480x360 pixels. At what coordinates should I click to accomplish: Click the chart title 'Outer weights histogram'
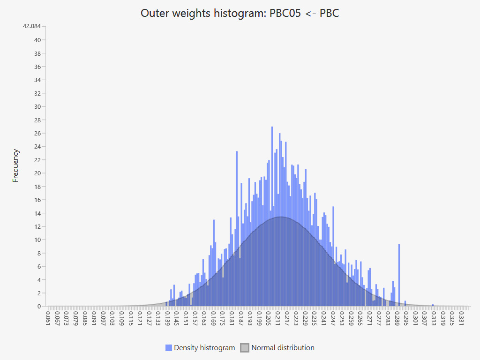pyautogui.click(x=240, y=13)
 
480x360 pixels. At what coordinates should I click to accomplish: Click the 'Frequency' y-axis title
pyautogui.click(x=16, y=165)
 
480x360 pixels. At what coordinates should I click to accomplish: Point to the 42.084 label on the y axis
pyautogui.click(x=32, y=26)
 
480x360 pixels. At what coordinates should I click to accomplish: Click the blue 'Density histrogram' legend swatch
pyautogui.click(x=169, y=348)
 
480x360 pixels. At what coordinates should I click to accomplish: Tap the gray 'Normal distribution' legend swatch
pyautogui.click(x=244, y=348)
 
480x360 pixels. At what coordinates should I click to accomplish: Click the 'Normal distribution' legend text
pyautogui.click(x=283, y=348)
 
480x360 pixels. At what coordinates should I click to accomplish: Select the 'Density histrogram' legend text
pyautogui.click(x=204, y=348)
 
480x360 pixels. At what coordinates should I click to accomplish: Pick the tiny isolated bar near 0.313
pyautogui.click(x=433, y=305)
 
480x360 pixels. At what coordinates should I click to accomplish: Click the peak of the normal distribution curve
pyautogui.click(x=280, y=217)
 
